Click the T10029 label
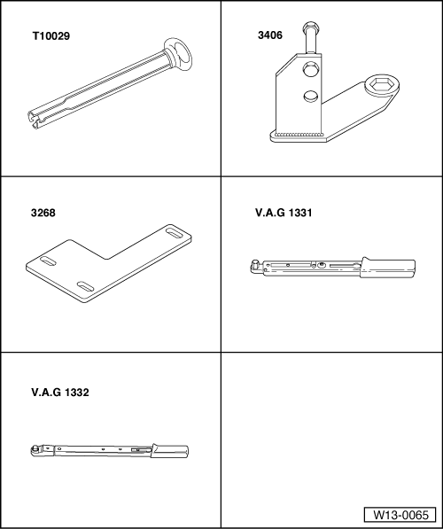click(x=51, y=36)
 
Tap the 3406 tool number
click(x=270, y=35)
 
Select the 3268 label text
click(x=43, y=213)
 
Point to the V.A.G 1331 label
click(x=284, y=213)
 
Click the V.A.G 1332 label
click(x=60, y=393)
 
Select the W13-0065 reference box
click(x=400, y=515)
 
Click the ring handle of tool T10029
click(x=178, y=54)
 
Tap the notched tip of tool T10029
click(x=34, y=119)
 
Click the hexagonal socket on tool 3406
click(x=382, y=85)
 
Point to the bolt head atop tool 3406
click(x=309, y=27)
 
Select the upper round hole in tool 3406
click(x=311, y=69)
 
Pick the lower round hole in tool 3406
click(x=311, y=96)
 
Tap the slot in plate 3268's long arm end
click(x=174, y=233)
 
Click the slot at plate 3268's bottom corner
click(x=85, y=286)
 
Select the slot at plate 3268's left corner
click(x=49, y=261)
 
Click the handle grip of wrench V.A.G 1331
click(x=388, y=268)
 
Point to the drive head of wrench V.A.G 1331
click(x=255, y=265)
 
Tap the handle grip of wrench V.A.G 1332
click(x=170, y=451)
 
